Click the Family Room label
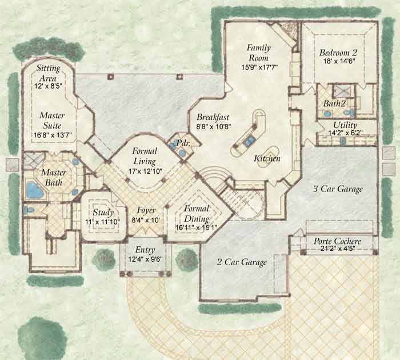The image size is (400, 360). point(258,53)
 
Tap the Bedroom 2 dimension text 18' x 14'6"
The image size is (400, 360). point(338,61)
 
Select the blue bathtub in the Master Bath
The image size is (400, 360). point(35,190)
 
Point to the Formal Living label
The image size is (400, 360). point(145,156)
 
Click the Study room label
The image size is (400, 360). point(103,212)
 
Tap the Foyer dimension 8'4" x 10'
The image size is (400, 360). point(146,220)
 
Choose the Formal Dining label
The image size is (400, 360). point(197,214)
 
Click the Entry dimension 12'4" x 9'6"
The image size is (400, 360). point(145,259)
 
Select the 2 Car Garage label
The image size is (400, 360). point(242,262)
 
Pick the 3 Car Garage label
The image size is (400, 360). point(338,189)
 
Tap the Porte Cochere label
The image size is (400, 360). point(337,241)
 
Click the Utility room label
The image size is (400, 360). point(345,125)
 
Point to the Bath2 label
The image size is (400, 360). point(334,103)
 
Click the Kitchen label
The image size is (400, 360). point(267,158)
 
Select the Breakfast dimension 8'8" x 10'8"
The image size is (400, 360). point(214,126)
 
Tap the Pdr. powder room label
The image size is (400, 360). point(183,143)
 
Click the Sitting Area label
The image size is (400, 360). point(48,73)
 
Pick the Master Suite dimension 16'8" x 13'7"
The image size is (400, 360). point(53,135)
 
